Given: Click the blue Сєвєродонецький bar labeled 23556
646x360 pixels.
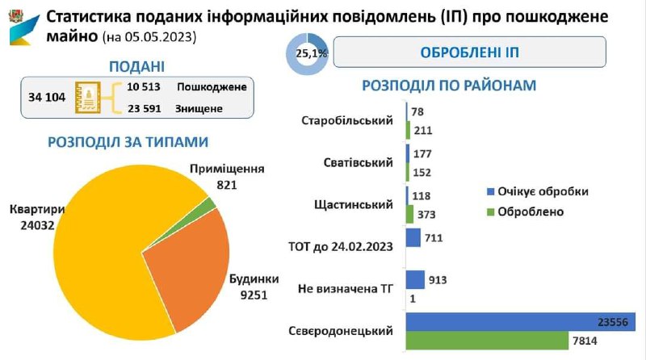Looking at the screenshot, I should point(521,321).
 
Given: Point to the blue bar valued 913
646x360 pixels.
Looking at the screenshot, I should point(415,279).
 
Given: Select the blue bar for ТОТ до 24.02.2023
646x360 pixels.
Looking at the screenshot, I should point(413,237).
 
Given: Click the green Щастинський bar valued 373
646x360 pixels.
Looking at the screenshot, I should point(410,213).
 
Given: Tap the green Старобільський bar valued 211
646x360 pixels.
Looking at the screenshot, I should point(409,129).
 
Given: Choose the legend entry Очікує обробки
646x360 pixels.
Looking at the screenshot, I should point(536,191).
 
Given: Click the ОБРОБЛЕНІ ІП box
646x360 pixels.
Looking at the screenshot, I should point(469,53).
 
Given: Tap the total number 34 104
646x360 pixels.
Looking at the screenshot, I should point(46,98).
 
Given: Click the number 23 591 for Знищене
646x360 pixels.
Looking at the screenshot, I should point(145,109).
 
